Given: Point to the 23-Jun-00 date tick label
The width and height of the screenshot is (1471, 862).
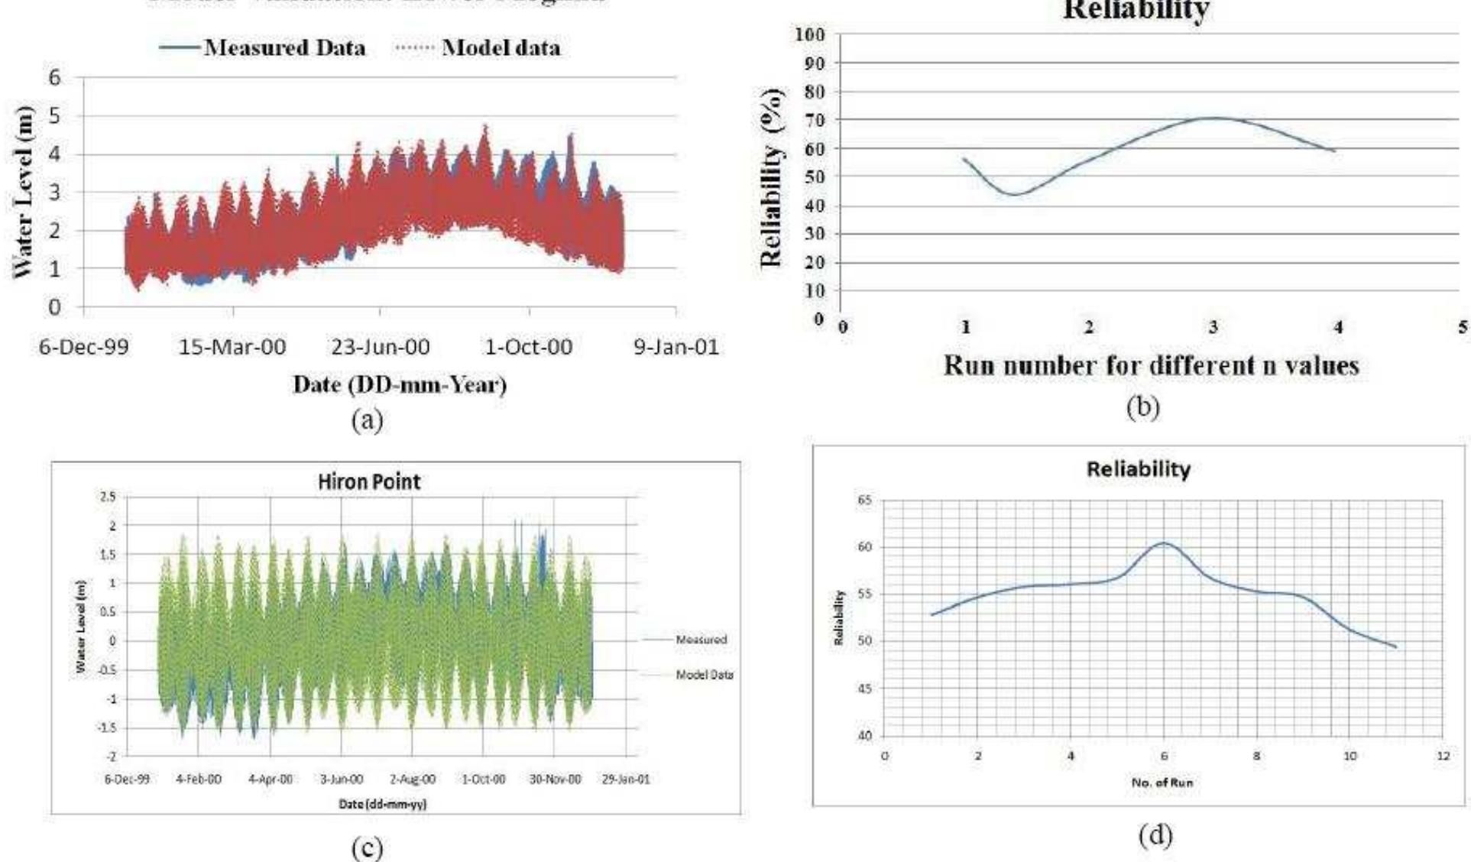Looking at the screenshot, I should (x=380, y=347).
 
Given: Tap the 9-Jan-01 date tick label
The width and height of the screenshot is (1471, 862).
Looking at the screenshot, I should (x=676, y=347).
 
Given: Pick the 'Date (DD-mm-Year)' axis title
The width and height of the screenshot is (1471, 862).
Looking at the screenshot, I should (x=400, y=384).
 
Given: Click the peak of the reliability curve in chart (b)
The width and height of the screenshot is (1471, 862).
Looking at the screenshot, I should (x=1213, y=118).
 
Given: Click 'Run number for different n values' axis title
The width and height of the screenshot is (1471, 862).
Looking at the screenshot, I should (x=1152, y=365).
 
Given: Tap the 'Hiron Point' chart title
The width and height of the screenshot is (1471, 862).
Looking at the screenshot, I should (x=369, y=482).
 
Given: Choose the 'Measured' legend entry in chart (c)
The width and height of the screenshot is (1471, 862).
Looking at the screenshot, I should (x=701, y=640).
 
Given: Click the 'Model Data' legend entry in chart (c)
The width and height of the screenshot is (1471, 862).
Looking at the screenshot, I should (x=704, y=675).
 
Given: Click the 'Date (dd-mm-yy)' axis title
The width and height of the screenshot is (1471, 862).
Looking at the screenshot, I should (x=382, y=804).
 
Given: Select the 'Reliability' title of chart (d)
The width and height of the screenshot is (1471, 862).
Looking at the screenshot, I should (x=1138, y=469).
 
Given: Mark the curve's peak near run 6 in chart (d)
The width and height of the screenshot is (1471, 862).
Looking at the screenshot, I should (x=1163, y=543).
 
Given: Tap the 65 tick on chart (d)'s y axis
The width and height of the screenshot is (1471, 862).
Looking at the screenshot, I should (x=864, y=501).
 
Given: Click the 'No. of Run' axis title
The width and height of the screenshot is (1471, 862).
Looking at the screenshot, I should (x=1162, y=783).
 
